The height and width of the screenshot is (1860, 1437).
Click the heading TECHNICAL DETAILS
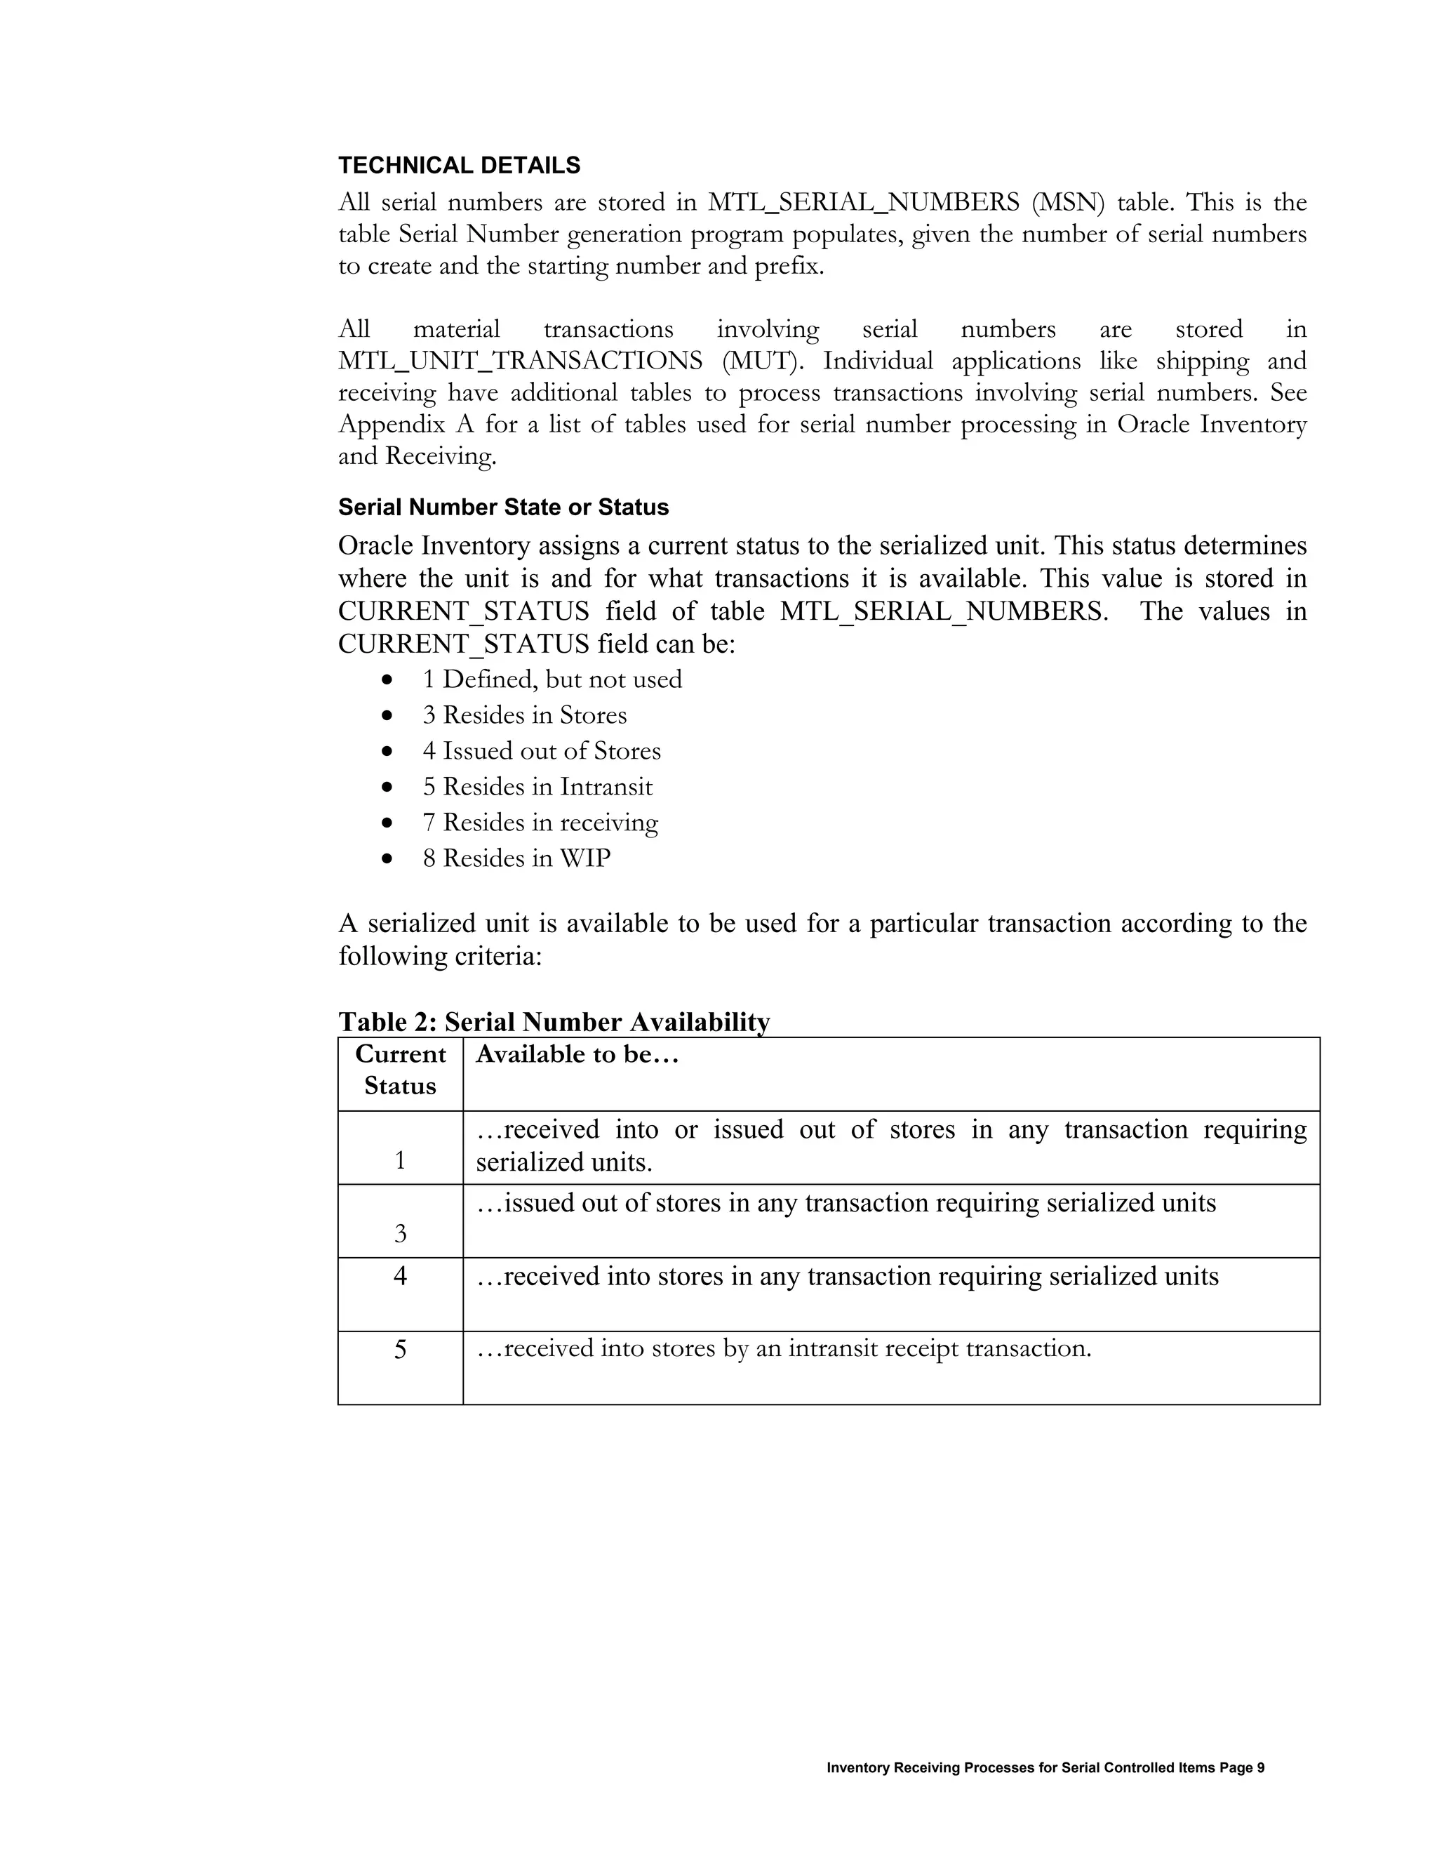pyautogui.click(x=459, y=165)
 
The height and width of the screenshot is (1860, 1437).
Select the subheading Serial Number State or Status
pyautogui.click(x=503, y=507)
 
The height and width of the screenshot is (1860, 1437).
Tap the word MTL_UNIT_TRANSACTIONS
pyautogui.click(x=520, y=361)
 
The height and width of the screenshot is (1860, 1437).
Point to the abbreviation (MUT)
pyautogui.click(x=762, y=361)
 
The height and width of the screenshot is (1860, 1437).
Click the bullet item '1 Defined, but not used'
pyautogui.click(x=552, y=679)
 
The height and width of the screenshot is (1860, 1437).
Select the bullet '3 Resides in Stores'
pyautogui.click(x=524, y=715)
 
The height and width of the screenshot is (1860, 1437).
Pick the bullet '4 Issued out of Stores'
pyautogui.click(x=542, y=751)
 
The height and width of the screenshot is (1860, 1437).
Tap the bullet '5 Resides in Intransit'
pyautogui.click(x=537, y=787)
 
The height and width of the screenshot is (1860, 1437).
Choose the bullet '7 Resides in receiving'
pyautogui.click(x=540, y=823)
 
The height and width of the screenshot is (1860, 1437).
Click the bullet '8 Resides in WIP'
pyautogui.click(x=516, y=858)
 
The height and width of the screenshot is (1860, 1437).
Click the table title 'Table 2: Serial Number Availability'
pyautogui.click(x=554, y=1021)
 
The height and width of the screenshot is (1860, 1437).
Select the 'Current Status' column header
pyautogui.click(x=400, y=1070)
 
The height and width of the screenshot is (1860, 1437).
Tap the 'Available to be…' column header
pyautogui.click(x=577, y=1055)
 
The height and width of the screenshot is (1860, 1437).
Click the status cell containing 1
pyautogui.click(x=400, y=1161)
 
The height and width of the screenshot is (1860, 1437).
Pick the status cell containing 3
pyautogui.click(x=400, y=1233)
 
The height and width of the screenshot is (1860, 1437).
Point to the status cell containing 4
pyautogui.click(x=400, y=1276)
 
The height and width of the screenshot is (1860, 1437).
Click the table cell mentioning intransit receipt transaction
pyautogui.click(x=783, y=1349)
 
